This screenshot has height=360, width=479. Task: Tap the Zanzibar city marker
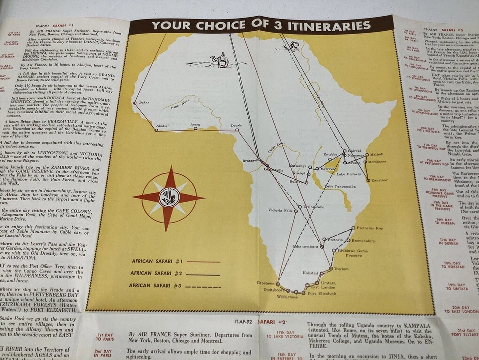click(368, 180)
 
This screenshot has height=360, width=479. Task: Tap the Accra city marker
click(195, 128)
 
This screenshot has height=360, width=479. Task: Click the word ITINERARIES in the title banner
click(321, 25)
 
